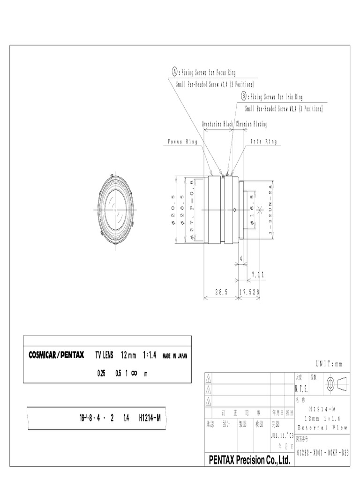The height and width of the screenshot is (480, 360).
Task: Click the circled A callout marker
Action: (x=175, y=72)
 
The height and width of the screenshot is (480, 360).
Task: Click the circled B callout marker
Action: (x=244, y=96)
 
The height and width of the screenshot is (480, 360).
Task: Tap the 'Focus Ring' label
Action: (x=182, y=142)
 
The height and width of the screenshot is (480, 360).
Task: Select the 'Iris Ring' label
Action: (x=264, y=142)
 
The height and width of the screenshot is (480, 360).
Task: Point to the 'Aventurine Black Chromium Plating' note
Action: (x=234, y=124)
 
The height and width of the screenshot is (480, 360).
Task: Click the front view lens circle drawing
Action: (x=117, y=209)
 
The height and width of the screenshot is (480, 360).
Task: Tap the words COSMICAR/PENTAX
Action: (x=56, y=355)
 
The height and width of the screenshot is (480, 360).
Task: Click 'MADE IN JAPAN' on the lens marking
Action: (x=175, y=356)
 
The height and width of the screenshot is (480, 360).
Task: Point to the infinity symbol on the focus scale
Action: (x=134, y=373)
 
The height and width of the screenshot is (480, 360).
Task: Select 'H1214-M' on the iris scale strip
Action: (x=150, y=418)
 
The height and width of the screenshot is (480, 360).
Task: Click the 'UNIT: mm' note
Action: (x=329, y=364)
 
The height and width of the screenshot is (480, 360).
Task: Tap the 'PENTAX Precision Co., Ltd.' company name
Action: (x=250, y=460)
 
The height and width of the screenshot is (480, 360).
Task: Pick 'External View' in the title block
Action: (x=322, y=427)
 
